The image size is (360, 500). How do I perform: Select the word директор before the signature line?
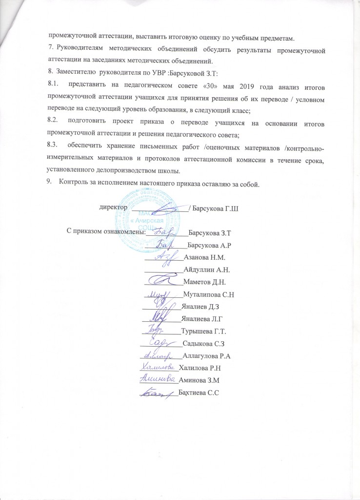click(x=113, y=207)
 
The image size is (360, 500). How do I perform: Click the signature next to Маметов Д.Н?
click(x=162, y=280)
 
